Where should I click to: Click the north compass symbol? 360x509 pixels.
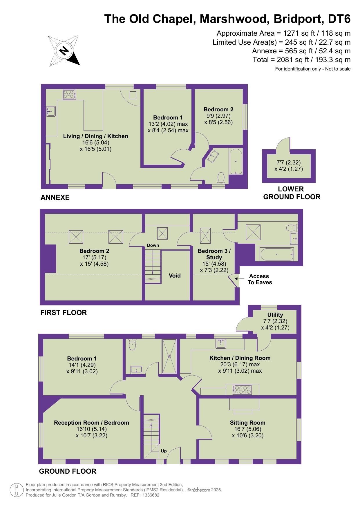64,50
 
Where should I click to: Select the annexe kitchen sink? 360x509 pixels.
51,111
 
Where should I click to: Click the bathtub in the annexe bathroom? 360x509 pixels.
236,162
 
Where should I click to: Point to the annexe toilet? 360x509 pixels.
221,178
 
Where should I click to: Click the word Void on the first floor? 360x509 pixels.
175,276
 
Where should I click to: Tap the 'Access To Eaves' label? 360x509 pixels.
260,279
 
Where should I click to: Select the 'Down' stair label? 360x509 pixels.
153,245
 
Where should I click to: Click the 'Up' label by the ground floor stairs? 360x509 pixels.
164,451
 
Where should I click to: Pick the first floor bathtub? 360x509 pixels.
277,254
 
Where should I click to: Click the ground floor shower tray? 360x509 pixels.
169,356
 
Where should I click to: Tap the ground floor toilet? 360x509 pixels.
132,344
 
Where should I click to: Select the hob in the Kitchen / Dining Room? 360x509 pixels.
242,390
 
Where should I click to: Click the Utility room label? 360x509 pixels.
275,315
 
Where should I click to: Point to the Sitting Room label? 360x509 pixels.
248,423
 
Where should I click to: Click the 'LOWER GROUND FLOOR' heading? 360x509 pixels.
292,193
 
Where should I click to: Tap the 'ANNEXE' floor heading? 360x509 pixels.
55,198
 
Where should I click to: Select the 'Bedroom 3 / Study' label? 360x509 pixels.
214,254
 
